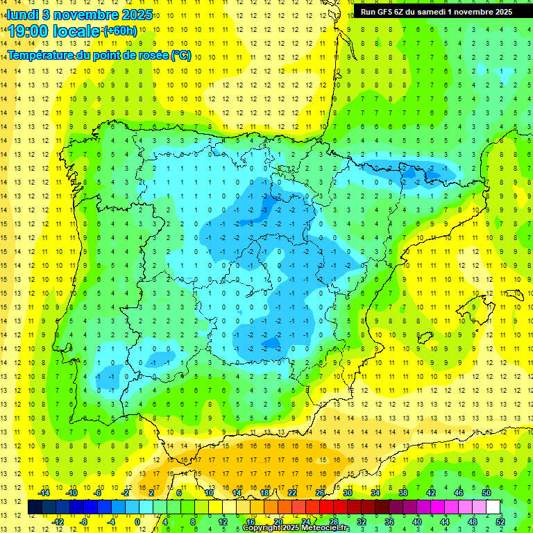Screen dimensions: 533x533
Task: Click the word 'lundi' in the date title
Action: [22, 14]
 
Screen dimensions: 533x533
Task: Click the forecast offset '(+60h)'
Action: [119, 31]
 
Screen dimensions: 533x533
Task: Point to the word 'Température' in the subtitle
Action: [42, 55]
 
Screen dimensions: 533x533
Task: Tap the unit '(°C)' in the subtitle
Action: [180, 55]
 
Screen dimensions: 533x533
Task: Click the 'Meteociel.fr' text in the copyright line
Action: [326, 528]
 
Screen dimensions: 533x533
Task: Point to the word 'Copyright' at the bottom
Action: [262, 528]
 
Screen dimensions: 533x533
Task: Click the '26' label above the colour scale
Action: [320, 493]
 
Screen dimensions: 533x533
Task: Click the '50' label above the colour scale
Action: [487, 493]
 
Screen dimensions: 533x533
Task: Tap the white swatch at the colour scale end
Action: [493, 507]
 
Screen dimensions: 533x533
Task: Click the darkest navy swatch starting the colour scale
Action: [35, 507]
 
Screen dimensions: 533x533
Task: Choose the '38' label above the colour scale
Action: [403, 493]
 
